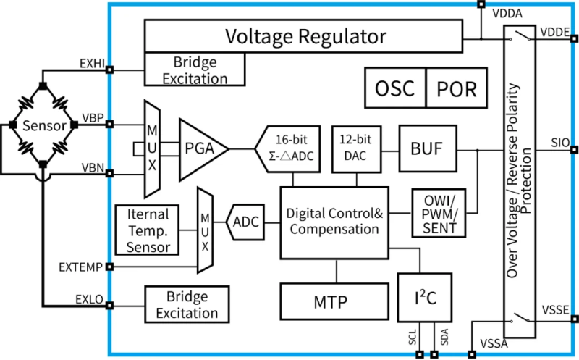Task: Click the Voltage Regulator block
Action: pos(304,35)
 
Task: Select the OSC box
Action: pos(394,88)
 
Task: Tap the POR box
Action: pos(457,88)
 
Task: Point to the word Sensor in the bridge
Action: pos(43,125)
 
